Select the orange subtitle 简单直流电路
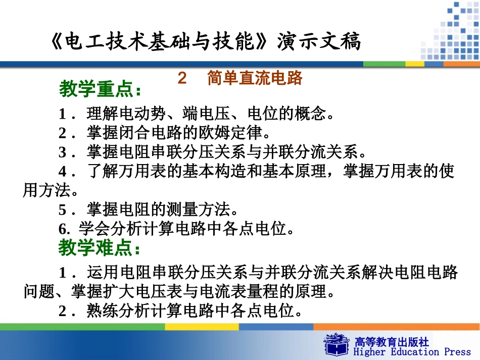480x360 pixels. pos(255,78)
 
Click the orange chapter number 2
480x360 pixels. pos(182,78)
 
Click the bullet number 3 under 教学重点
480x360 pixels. pos(62,152)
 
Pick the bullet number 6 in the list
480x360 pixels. pos(63,229)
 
